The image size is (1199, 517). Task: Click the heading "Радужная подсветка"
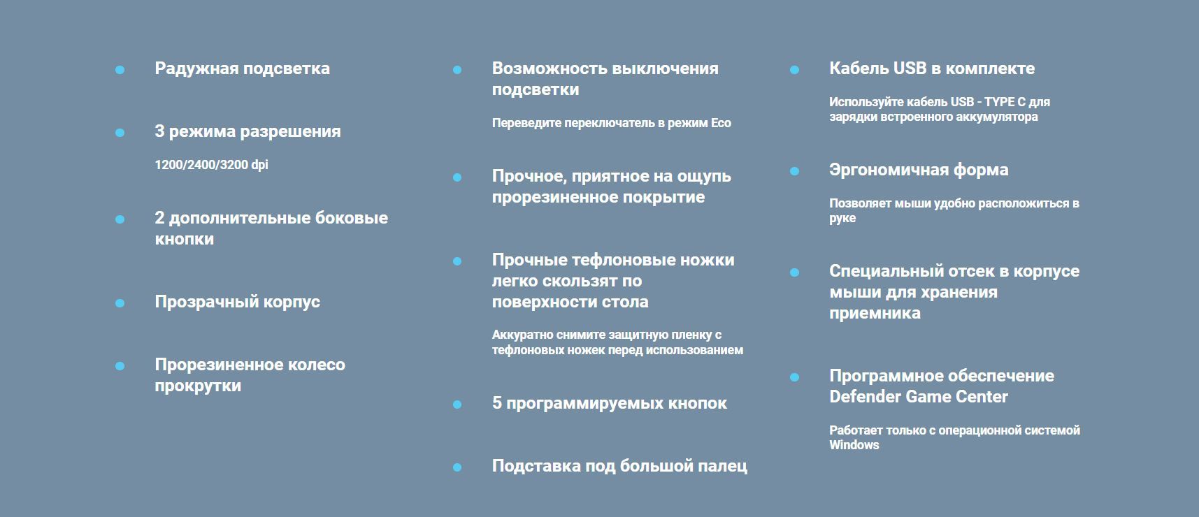242,69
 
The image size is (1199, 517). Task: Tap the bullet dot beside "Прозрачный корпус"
120,303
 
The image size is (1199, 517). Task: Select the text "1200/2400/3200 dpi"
211,165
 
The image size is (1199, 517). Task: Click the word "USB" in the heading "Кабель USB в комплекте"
908,68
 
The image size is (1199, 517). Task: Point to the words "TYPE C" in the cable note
1005,102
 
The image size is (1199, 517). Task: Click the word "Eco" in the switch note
721,123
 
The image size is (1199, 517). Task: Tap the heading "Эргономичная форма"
919,170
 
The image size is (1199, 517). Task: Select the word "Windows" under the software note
854,445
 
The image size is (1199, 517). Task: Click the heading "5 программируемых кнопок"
609,404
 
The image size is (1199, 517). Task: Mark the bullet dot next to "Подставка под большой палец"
457,467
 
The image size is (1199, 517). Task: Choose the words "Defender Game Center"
919,397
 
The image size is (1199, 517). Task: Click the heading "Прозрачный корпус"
237,303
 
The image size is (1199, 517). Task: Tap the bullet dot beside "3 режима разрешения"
120,133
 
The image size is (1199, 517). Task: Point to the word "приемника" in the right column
875,314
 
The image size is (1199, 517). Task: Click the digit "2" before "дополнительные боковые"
159,218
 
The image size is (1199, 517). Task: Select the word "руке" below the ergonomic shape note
842,219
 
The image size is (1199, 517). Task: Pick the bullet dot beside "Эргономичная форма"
794,171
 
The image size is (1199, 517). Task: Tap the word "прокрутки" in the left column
198,386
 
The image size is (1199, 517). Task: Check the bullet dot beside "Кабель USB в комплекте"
794,70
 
